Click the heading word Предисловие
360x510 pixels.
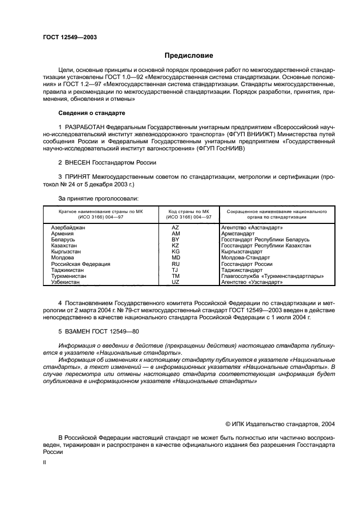point(189,56)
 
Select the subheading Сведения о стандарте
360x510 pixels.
point(91,113)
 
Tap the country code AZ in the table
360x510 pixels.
point(175,227)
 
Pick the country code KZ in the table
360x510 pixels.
point(175,246)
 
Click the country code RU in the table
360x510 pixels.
point(175,264)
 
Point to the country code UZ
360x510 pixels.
point(175,283)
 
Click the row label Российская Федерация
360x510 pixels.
point(81,264)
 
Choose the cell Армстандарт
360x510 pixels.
point(238,233)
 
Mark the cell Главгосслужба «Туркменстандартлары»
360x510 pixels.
point(272,276)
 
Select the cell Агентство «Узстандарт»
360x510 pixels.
point(252,283)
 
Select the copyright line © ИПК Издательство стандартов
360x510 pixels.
point(280,423)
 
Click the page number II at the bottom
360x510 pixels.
point(45,462)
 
